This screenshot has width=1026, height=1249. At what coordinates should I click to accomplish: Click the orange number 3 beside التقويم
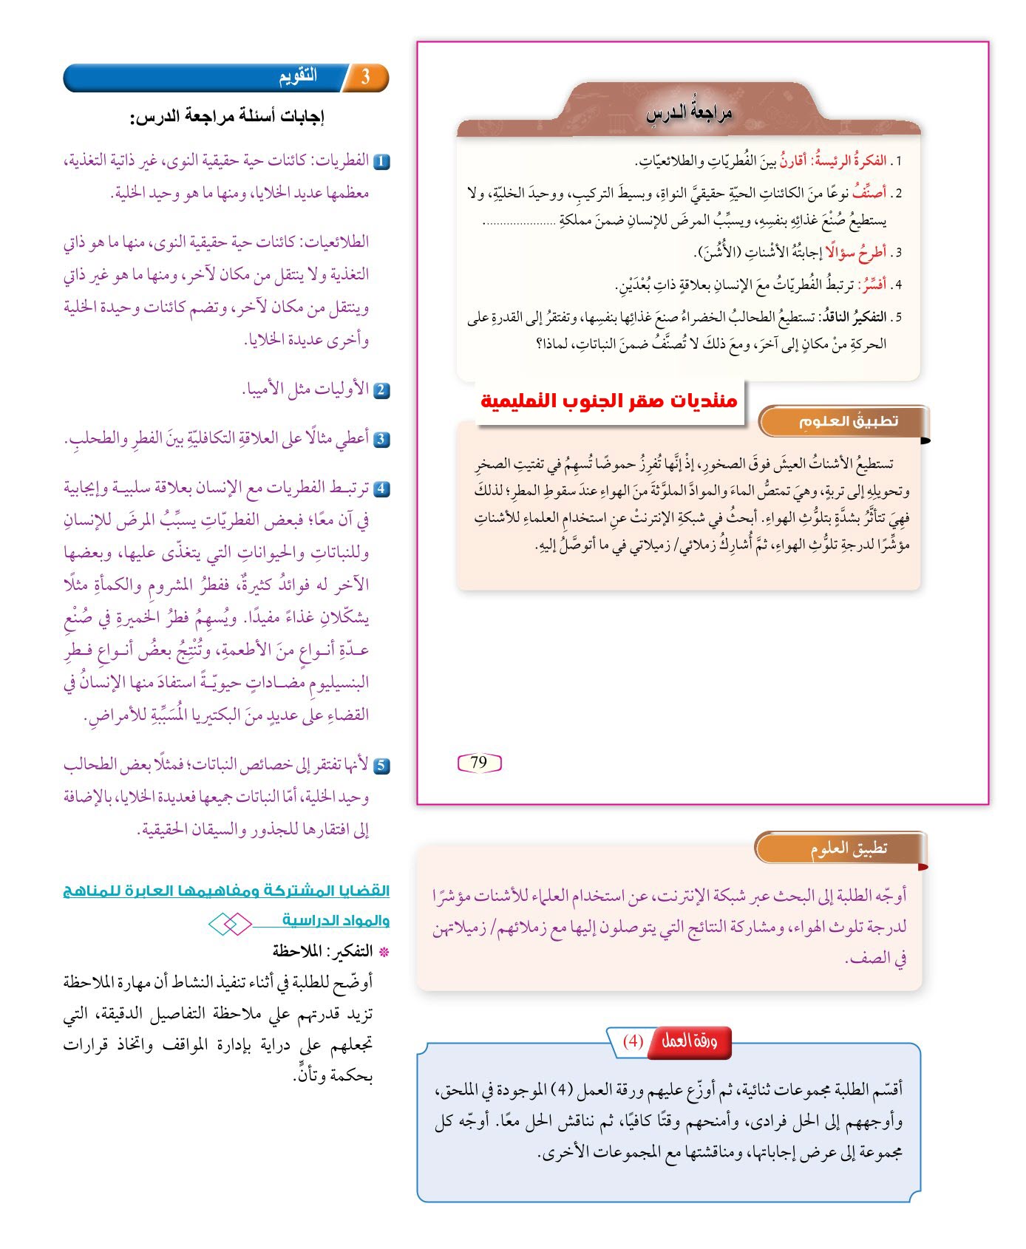tap(365, 77)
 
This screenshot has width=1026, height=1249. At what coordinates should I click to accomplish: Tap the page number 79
tap(479, 763)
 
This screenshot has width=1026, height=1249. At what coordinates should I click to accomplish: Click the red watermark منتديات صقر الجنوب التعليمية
tap(609, 401)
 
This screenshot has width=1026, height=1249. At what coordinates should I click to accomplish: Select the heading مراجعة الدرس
tap(689, 113)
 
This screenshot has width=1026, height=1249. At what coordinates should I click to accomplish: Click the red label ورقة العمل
tap(689, 1041)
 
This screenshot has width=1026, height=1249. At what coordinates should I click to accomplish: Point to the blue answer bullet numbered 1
tap(381, 161)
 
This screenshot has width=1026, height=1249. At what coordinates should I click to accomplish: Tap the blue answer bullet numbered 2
tap(381, 390)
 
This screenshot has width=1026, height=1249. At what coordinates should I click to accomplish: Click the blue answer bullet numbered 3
tap(381, 439)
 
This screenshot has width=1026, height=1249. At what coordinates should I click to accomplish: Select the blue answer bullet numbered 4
tap(381, 489)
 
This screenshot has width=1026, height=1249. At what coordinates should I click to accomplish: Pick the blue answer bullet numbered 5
tap(381, 766)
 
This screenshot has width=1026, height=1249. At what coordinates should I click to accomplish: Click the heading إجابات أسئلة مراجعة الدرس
tap(228, 116)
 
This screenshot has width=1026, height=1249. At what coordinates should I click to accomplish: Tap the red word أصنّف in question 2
tap(869, 193)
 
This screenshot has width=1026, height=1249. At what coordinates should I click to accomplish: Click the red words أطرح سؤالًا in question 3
tap(856, 253)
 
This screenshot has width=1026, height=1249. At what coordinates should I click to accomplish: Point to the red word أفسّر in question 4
tap(873, 285)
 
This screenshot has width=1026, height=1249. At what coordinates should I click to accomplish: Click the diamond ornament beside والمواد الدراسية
tap(229, 924)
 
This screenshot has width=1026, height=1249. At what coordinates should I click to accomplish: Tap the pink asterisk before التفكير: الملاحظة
tap(383, 952)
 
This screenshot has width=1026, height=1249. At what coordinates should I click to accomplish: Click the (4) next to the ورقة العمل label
tap(633, 1041)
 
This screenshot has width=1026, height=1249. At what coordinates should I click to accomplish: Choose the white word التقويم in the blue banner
tap(298, 76)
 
